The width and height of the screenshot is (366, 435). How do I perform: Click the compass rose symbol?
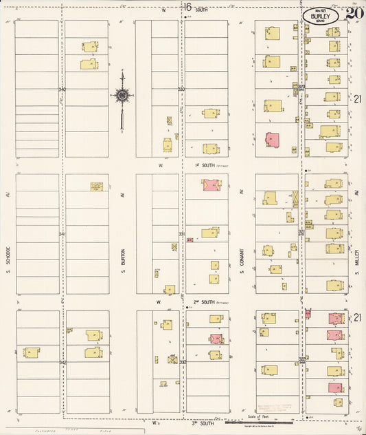pyautogui.click(x=122, y=96)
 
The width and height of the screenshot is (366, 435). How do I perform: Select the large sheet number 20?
pyautogui.click(x=354, y=12)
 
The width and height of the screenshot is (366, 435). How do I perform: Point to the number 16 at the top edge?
pyautogui.click(x=187, y=7)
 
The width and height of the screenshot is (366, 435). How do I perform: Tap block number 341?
pyautogui.click(x=62, y=234)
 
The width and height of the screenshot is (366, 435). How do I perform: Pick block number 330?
pyautogui.click(x=182, y=89)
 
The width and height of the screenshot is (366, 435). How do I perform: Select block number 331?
pyautogui.click(x=182, y=234)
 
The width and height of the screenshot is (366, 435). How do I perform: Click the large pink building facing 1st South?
pyautogui.click(x=211, y=185)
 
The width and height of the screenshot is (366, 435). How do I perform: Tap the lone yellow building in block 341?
pyautogui.click(x=97, y=186)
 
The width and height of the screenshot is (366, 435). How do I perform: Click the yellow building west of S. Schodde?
pyautogui.click(x=32, y=352)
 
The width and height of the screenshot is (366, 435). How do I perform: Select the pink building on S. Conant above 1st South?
pyautogui.click(x=272, y=139)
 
